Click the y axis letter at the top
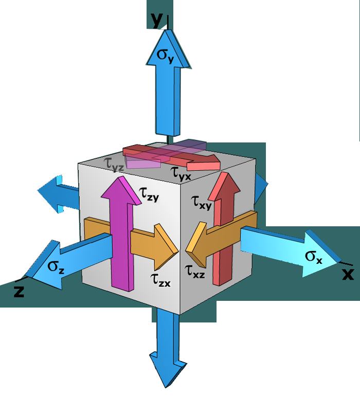(156, 19)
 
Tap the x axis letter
(348, 274)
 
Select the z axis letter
(19, 291)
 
